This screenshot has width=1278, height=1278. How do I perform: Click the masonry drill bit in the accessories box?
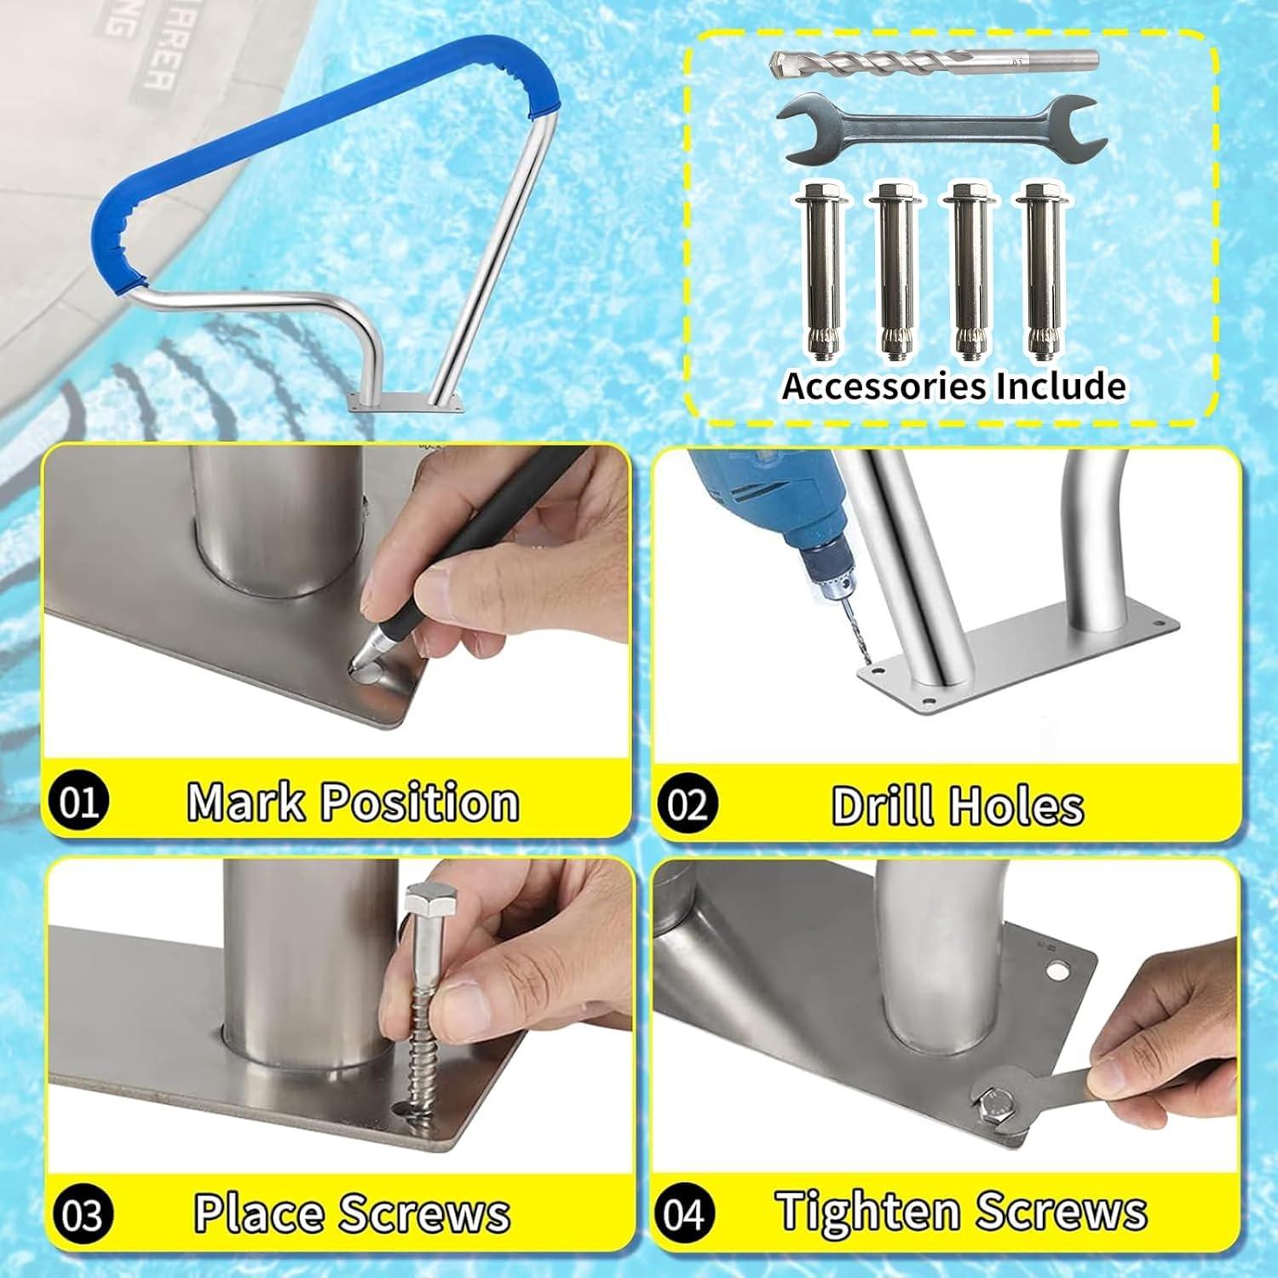tap(933, 65)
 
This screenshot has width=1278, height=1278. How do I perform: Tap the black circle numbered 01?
tap(80, 801)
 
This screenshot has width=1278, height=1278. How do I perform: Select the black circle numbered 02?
tap(687, 803)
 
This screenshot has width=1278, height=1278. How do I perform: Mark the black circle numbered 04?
tap(684, 1212)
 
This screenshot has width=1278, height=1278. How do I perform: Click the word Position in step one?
tap(422, 803)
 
